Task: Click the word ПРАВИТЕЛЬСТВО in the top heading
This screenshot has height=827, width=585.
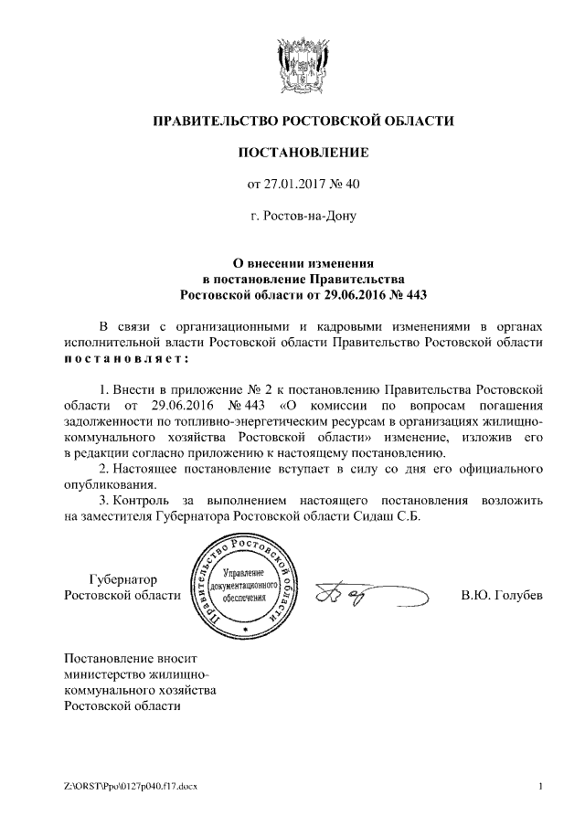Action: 210,121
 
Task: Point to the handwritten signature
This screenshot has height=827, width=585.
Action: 367,596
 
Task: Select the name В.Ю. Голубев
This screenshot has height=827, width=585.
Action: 502,596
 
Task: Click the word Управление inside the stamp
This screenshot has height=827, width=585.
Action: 242,571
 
